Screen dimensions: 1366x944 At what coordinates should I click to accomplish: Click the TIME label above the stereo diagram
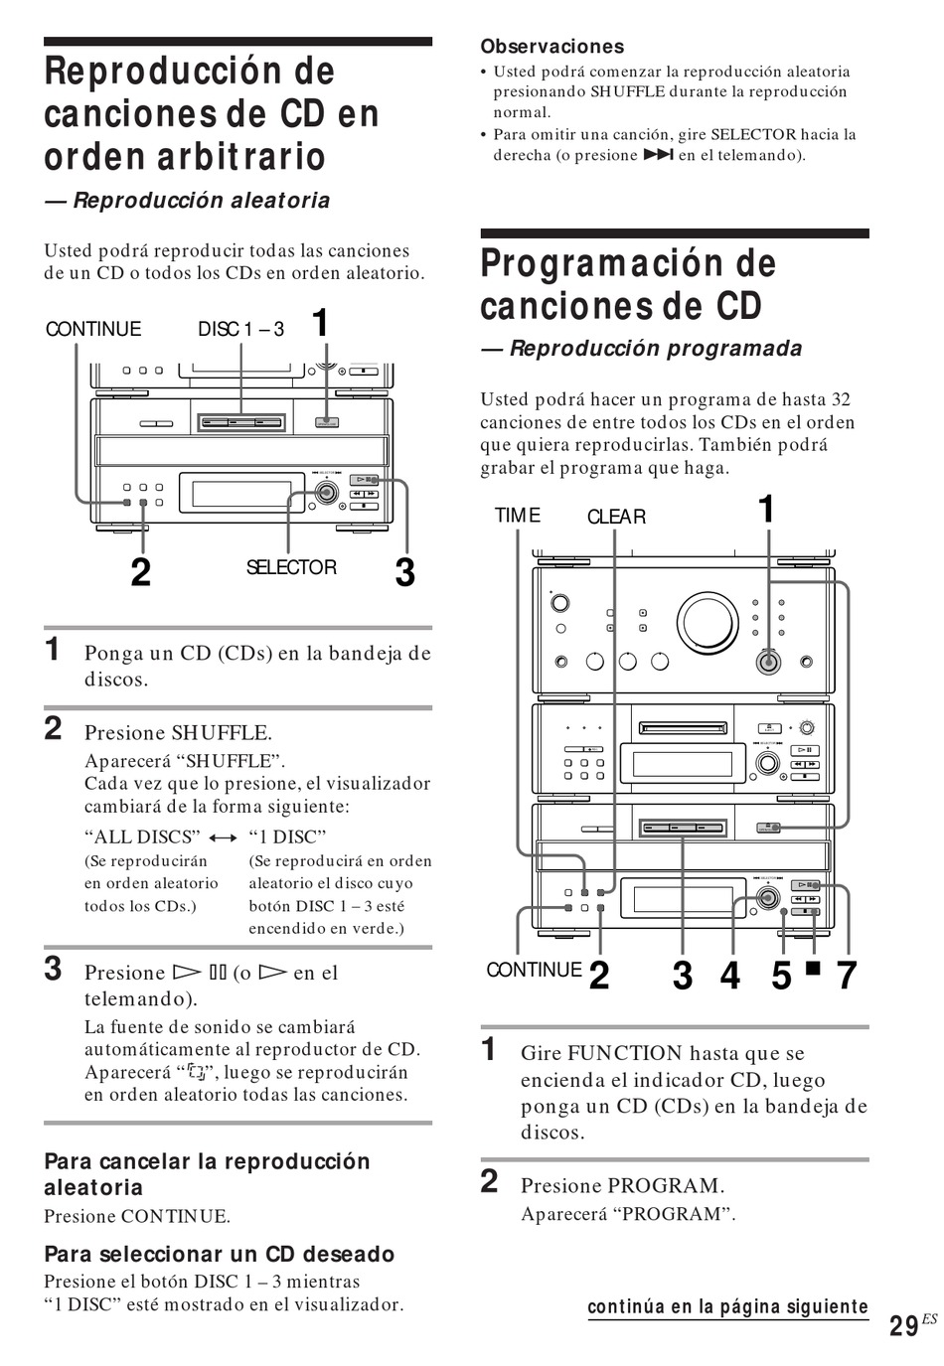518,516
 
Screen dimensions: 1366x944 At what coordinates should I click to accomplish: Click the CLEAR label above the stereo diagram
616,517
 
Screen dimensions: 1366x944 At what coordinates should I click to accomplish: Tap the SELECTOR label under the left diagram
291,567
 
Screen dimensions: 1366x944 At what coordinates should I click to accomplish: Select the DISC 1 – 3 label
240,329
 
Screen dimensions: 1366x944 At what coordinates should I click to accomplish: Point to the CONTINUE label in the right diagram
534,971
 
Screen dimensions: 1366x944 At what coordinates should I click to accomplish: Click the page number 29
903,1326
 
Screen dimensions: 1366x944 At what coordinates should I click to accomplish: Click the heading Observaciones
551,47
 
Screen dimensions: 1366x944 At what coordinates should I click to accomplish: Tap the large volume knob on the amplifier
707,623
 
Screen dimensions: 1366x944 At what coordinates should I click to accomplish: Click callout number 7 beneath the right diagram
846,976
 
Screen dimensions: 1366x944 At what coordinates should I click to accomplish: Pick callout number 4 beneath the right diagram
730,976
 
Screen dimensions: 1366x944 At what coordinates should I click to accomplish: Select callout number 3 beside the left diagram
404,572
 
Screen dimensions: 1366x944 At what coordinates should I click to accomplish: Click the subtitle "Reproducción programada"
655,349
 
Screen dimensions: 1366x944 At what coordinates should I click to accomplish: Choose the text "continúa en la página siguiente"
727,1307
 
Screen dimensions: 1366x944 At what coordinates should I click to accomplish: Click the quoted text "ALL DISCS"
142,836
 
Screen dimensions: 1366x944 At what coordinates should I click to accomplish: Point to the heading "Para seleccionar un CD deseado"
219,1255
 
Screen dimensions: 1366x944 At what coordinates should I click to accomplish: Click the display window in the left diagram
235,494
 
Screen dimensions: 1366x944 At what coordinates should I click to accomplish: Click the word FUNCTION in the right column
625,1053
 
